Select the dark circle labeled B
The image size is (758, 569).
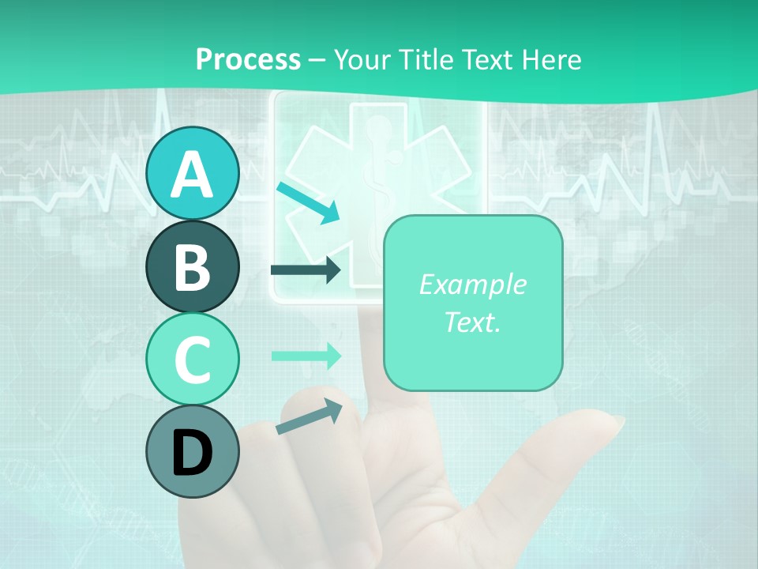tap(192, 266)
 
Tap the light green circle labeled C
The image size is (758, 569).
tap(192, 359)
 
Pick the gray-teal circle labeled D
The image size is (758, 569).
tap(192, 451)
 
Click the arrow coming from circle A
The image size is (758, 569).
tap(308, 203)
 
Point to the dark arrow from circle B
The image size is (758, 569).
tap(306, 269)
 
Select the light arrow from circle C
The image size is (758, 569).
tap(306, 356)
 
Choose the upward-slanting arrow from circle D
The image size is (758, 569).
tap(309, 416)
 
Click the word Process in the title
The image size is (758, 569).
tap(248, 59)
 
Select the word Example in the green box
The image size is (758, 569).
tap(472, 284)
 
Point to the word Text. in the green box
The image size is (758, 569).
tap(472, 322)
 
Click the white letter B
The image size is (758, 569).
tap(192, 267)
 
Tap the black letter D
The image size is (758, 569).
tap(192, 453)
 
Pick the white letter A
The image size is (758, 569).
tap(192, 174)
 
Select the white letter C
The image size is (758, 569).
tap(192, 360)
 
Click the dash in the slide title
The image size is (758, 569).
tap(317, 61)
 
